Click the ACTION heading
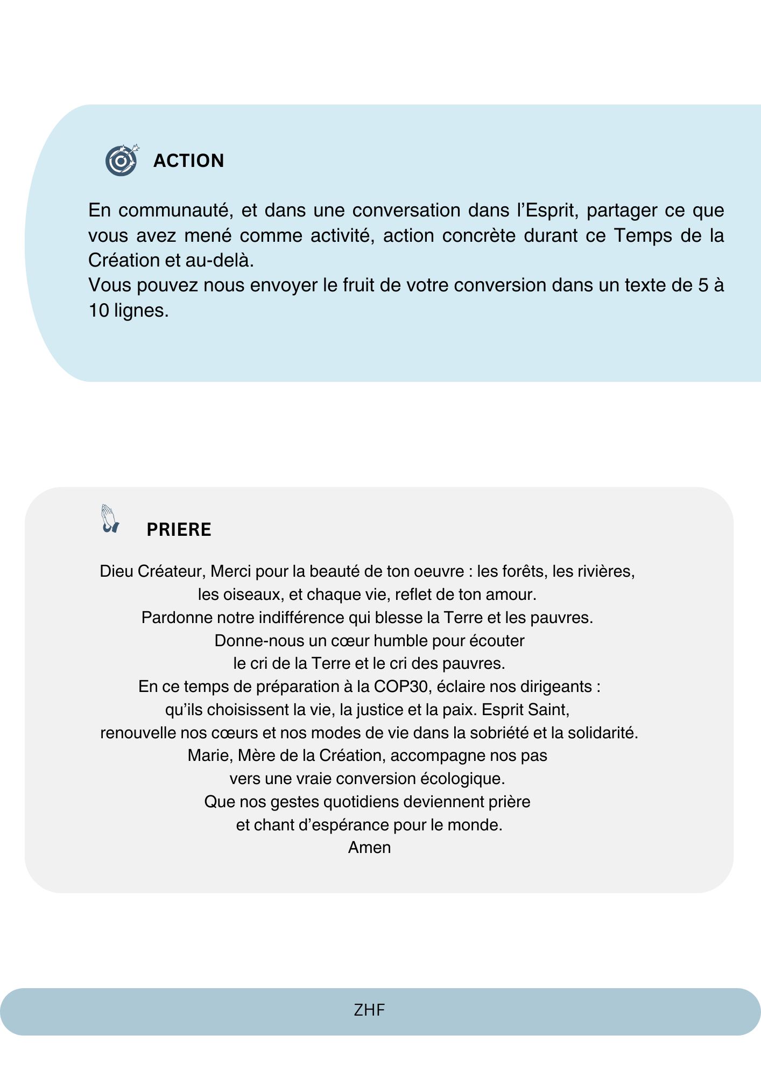tap(188, 160)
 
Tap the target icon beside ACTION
tap(122, 160)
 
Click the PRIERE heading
tap(179, 529)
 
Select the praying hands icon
tap(109, 519)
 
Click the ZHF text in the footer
tap(369, 1010)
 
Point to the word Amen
tap(369, 848)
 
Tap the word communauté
tap(176, 210)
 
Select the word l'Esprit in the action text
tap(547, 210)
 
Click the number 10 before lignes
tap(98, 310)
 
